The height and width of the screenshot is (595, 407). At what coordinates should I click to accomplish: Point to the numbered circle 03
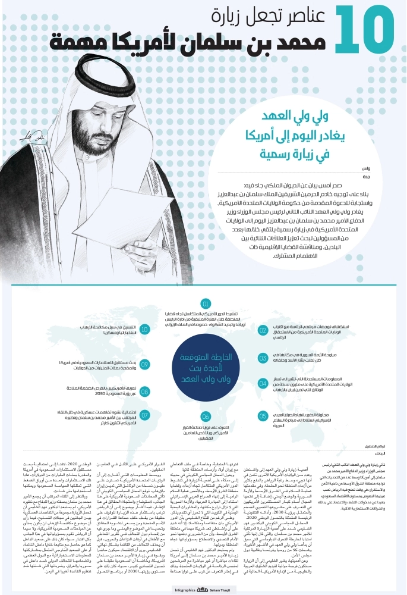[x=263, y=358]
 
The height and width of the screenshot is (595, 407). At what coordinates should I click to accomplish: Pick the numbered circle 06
[x=206, y=433]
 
